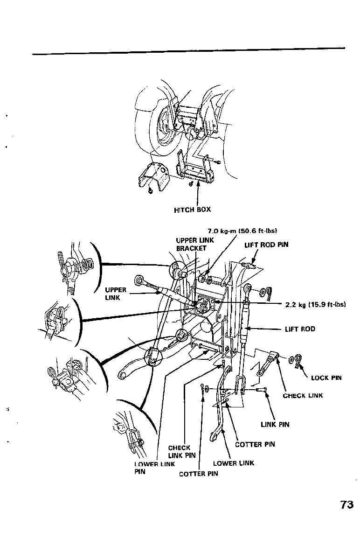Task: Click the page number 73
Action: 346,505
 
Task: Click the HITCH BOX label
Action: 192,210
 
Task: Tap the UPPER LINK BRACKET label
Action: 194,244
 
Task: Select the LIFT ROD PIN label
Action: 266,245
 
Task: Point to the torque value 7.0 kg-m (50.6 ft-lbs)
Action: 242,231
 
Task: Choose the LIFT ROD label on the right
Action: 300,329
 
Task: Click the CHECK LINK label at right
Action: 303,396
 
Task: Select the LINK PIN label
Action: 275,424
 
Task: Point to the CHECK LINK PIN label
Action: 181,451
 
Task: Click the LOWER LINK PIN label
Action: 148,468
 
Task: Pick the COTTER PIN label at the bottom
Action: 198,474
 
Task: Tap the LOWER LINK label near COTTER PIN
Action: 234,463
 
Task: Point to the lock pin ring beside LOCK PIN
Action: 297,359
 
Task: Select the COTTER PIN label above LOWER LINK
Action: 255,444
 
